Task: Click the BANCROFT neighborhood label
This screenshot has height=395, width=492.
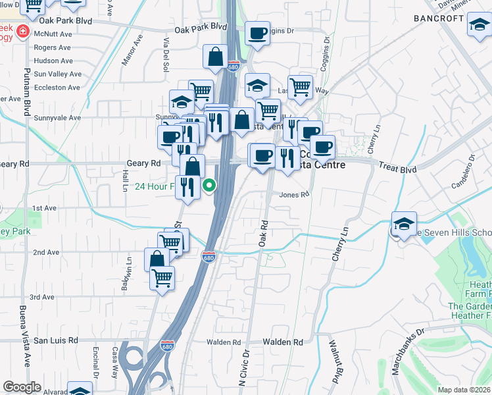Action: click(439, 18)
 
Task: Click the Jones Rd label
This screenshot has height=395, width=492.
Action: click(293, 195)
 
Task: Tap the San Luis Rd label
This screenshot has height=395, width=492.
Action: click(56, 340)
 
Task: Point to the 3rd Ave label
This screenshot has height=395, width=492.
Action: click(41, 298)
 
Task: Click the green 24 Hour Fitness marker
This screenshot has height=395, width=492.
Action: click(209, 186)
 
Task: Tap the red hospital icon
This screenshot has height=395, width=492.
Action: click(23, 31)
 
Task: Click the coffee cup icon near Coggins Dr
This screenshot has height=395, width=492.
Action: click(257, 32)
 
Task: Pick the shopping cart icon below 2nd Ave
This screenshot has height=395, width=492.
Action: click(162, 276)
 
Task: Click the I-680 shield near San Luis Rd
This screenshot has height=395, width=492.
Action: click(167, 345)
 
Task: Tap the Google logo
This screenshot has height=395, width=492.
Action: click(22, 387)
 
